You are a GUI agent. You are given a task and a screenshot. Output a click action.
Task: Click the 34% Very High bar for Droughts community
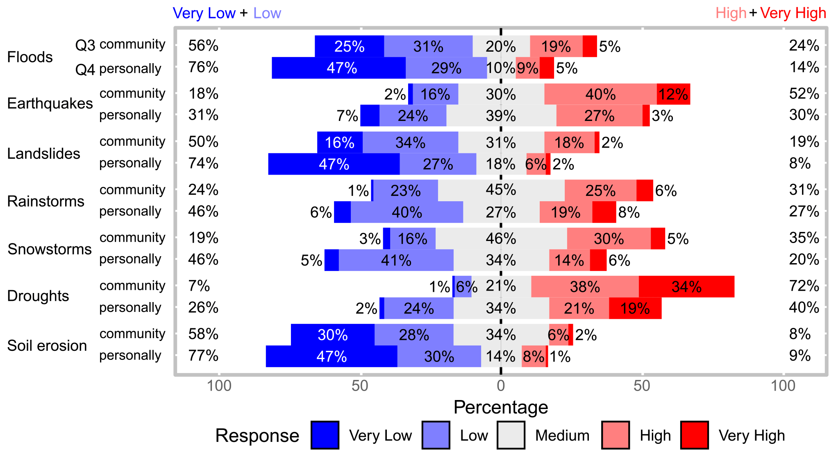pos(686,286)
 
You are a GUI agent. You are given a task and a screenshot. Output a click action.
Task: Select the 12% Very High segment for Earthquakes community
pos(673,94)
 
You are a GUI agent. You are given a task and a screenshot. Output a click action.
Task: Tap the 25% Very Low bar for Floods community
pos(349,46)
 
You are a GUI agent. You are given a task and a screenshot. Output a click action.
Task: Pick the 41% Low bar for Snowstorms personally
pos(396,260)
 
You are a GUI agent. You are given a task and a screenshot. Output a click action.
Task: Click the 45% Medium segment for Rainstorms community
pos(501,190)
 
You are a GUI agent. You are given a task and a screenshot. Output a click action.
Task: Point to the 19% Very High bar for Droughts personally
pos(635,308)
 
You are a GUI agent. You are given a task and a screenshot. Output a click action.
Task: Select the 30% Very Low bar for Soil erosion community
pos(332,335)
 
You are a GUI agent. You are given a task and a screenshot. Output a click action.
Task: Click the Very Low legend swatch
pos(325,435)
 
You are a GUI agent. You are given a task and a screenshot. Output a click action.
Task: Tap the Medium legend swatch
pos(511,435)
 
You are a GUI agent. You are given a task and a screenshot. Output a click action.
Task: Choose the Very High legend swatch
pos(695,435)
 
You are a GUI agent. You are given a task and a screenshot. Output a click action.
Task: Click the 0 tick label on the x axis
pos(501,386)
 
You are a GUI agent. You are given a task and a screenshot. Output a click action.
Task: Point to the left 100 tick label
pos(219,386)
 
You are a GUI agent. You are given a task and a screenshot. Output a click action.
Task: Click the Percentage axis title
pos(501,407)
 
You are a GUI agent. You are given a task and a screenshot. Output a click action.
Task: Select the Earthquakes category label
pos(50,104)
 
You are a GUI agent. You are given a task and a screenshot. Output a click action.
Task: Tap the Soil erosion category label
pos(47,346)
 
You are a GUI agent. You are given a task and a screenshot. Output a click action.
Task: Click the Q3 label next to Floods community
pos(85,45)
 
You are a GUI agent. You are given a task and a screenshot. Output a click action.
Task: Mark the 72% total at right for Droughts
pos(804,286)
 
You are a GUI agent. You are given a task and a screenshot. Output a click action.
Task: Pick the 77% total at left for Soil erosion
pos(203,355)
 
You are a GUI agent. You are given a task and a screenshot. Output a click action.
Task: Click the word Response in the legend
pos(257,436)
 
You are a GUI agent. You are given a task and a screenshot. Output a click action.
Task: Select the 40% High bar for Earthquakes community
pos(600,94)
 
